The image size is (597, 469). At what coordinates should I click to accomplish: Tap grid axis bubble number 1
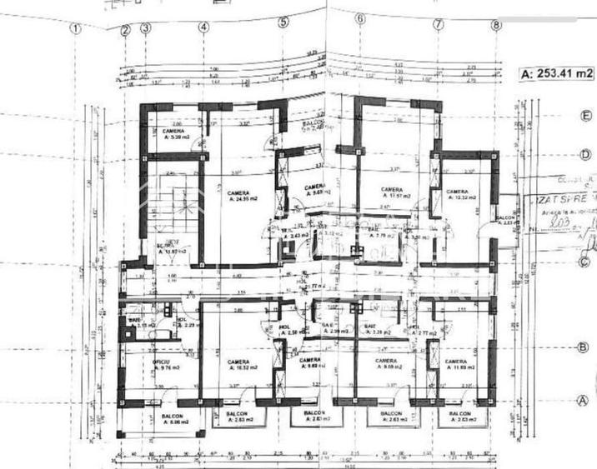click(x=76, y=27)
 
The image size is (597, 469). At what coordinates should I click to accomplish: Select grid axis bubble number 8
click(x=496, y=25)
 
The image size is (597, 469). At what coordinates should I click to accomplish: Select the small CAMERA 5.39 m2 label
click(x=173, y=135)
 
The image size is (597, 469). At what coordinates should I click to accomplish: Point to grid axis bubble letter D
click(x=586, y=155)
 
